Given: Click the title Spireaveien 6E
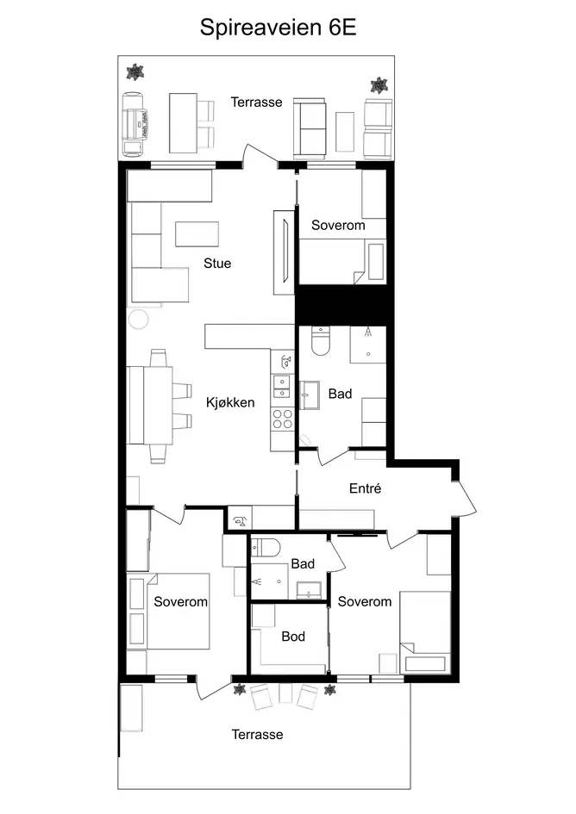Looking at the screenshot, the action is tap(279, 28).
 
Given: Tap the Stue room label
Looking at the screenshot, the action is tap(217, 264).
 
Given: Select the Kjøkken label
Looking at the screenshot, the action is tap(230, 402).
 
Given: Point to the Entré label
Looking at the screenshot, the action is tap(365, 488).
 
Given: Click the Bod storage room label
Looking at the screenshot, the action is tap(293, 637).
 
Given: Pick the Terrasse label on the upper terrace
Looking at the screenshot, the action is tap(256, 102).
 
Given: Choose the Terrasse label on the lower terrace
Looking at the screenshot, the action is tap(257, 734).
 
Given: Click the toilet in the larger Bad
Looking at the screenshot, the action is tap(321, 341).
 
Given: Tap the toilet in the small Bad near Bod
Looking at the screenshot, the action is tap(266, 548).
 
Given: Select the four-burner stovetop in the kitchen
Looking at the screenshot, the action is tap(282, 419).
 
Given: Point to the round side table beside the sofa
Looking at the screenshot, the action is tap(139, 319).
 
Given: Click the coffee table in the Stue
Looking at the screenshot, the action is tap(197, 234).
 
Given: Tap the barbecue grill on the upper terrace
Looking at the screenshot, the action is tap(135, 124).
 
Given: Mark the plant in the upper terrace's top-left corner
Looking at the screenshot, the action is tap(135, 71).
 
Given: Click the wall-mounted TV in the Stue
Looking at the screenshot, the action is tap(285, 252).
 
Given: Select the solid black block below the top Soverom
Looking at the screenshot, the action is tap(341, 305).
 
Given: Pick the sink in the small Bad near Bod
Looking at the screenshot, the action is tap(310, 590).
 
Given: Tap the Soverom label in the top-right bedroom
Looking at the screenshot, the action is tap(338, 225).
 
